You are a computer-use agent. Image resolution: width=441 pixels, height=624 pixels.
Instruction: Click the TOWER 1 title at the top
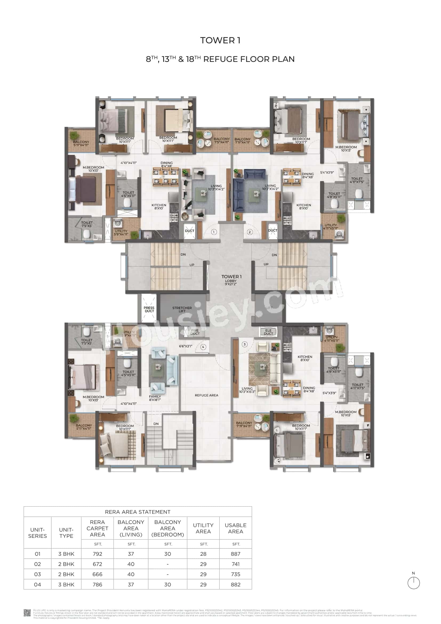(x=220, y=41)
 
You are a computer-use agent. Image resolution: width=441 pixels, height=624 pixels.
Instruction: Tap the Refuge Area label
(x=206, y=395)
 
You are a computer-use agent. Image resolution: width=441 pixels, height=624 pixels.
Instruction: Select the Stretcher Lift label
(x=182, y=309)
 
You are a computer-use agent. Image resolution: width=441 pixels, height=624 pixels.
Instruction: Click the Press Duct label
(x=149, y=309)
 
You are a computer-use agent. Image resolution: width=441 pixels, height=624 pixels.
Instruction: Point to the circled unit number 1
(x=214, y=232)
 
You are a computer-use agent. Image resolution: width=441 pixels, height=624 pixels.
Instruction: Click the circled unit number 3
(x=245, y=344)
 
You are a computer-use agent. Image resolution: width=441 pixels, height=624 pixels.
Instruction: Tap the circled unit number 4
(x=203, y=347)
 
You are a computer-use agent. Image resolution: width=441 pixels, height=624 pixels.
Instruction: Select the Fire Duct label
(x=195, y=332)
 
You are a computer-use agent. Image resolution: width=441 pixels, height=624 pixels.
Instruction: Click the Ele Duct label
(x=268, y=332)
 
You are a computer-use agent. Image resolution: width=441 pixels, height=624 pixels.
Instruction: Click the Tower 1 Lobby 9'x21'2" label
(x=231, y=280)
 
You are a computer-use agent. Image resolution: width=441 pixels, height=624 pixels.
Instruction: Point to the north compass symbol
(x=414, y=583)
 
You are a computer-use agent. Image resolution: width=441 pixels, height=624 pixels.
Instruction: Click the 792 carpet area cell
(x=97, y=554)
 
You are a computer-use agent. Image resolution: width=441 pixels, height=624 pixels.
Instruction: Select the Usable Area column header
(x=235, y=528)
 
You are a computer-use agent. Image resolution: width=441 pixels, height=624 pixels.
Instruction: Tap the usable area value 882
(x=235, y=584)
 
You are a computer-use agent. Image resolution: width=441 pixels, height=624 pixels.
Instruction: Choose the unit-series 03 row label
(x=38, y=574)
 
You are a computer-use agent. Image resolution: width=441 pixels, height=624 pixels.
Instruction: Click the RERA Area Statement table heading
(x=137, y=512)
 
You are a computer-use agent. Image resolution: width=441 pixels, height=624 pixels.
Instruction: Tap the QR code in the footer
(x=27, y=613)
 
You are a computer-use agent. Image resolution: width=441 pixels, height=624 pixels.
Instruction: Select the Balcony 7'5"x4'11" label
(x=221, y=141)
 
